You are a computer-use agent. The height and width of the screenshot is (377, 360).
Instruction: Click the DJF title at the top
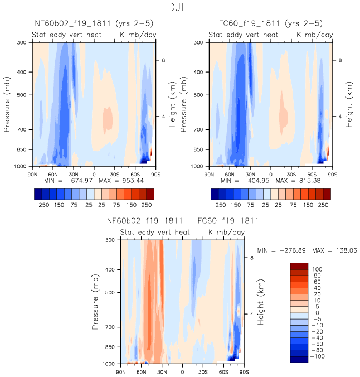[180, 7]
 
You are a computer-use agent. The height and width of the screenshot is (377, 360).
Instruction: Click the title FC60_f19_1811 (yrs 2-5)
[270, 23]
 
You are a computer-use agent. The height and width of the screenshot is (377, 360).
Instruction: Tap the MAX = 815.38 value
[300, 181]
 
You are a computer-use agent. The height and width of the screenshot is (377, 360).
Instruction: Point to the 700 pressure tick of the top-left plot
[22, 129]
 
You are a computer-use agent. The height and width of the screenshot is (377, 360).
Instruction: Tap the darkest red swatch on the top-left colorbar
[150, 194]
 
